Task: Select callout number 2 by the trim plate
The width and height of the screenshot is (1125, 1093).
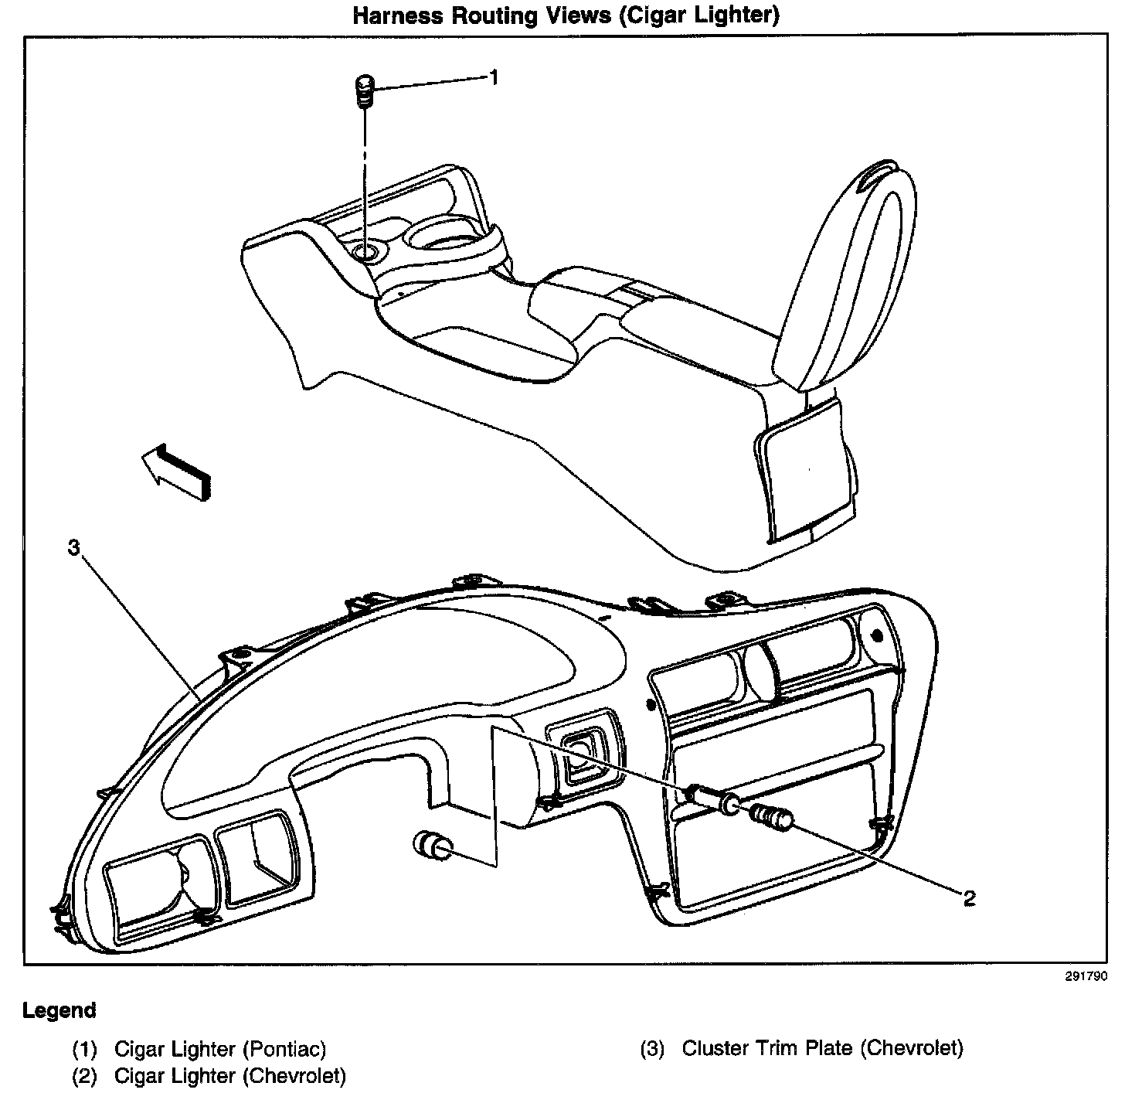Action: point(968,898)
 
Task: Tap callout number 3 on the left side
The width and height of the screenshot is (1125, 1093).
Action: point(73,548)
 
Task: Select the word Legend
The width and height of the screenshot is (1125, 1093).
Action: point(59,1010)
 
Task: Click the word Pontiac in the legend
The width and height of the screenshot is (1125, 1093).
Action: point(284,1049)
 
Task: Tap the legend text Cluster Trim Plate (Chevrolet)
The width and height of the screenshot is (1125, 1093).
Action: point(822,1048)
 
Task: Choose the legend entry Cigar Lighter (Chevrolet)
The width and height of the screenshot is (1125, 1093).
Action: point(229,1075)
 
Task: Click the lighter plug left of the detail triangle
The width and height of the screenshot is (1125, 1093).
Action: point(434,846)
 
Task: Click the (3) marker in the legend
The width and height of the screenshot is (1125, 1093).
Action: point(652,1049)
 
